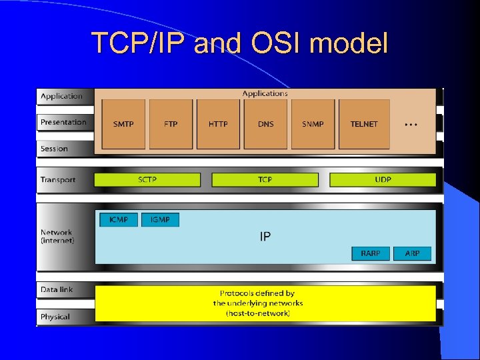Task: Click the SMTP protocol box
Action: [x=123, y=124]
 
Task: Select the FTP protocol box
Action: [x=171, y=124]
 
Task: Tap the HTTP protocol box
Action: [x=218, y=124]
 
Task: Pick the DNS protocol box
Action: [x=265, y=124]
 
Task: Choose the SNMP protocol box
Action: [x=313, y=124]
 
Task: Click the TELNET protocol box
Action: [x=364, y=124]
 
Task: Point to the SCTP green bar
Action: [x=147, y=180]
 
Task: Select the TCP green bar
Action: [x=265, y=180]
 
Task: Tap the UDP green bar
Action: [x=383, y=180]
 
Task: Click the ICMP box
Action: [x=119, y=219]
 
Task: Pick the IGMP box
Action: [x=160, y=219]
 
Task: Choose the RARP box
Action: [x=371, y=253]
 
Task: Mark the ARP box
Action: [x=412, y=253]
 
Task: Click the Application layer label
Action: [x=61, y=96]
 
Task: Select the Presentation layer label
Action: [x=63, y=122]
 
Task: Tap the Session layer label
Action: [x=54, y=149]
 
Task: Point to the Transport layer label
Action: [x=58, y=179]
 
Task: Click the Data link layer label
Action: [x=57, y=289]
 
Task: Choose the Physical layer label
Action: [x=55, y=317]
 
